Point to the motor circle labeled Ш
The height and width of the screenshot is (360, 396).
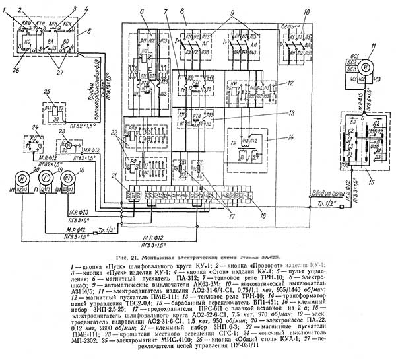(69, 178)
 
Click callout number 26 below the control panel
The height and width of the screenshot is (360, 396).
(16, 63)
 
